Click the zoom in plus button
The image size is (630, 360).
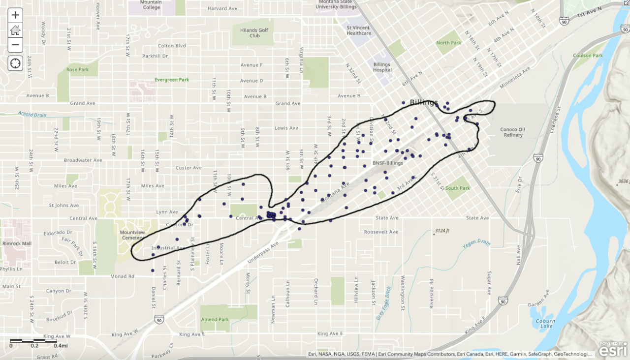[x=15, y=15]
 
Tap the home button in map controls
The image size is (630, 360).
[x=15, y=30]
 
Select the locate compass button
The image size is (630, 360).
[x=15, y=63]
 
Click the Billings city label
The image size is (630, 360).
[x=424, y=102]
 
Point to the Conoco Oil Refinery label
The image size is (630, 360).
[x=513, y=132]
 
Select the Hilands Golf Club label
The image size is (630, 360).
[x=254, y=33]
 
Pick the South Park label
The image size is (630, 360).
[x=458, y=188]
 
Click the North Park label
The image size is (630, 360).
[x=448, y=43]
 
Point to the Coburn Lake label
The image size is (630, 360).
[x=545, y=324]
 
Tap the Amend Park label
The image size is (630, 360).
[x=215, y=320]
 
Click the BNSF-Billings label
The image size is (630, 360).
[x=387, y=163]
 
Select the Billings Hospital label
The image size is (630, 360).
[x=382, y=67]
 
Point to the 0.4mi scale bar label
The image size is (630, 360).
[x=61, y=346]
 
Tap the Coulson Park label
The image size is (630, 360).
[x=588, y=56]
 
